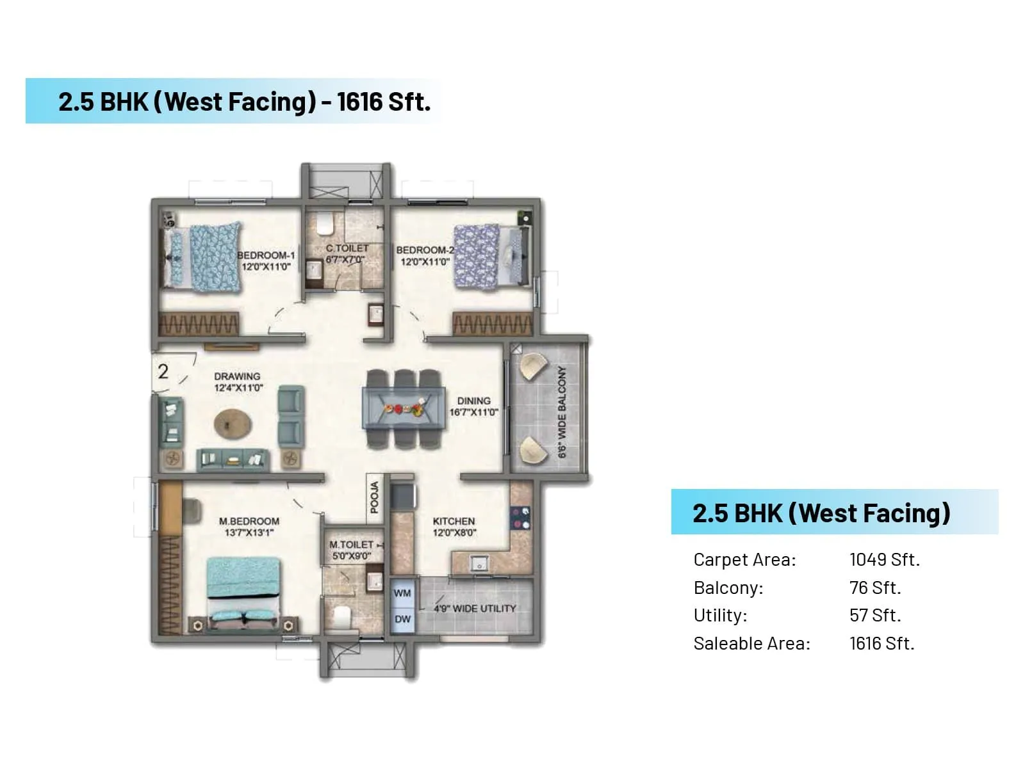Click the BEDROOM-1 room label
(266, 255)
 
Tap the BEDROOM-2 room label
(425, 250)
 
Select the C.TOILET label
(347, 248)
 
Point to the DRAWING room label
(237, 376)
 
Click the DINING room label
(473, 401)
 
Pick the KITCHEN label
(454, 522)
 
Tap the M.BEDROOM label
(249, 522)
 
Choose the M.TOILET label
(351, 545)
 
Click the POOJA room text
(375, 498)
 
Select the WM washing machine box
(402, 593)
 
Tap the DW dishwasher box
(402, 620)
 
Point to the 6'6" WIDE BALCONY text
(562, 412)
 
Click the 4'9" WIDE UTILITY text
(475, 609)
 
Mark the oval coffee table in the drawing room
(233, 424)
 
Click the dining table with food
(404, 408)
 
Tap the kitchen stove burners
(521, 518)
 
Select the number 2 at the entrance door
(163, 371)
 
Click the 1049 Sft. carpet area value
(884, 560)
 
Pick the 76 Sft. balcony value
(874, 588)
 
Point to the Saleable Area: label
(751, 644)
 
